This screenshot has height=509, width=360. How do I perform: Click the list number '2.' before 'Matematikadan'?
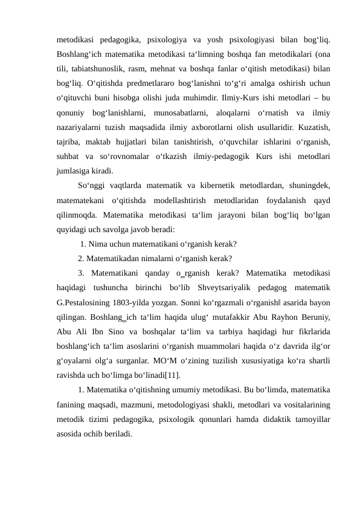pos(82,258)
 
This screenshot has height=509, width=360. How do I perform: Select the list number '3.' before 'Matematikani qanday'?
pos(82,272)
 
